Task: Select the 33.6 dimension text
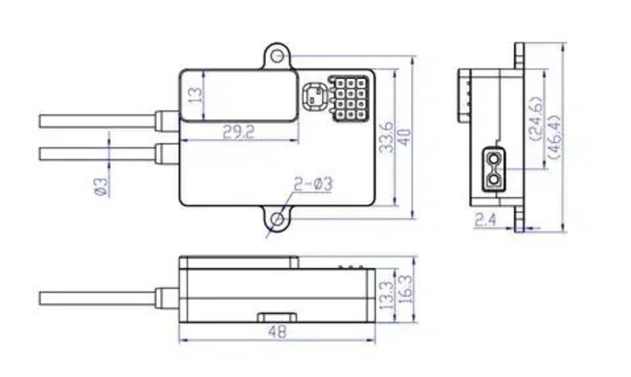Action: coord(386,137)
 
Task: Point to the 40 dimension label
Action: coord(405,137)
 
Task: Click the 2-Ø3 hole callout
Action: coord(313,184)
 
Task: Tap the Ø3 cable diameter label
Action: coord(102,187)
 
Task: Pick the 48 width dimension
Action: coord(277,332)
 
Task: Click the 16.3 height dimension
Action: coord(405,289)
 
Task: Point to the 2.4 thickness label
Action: coord(486,220)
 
